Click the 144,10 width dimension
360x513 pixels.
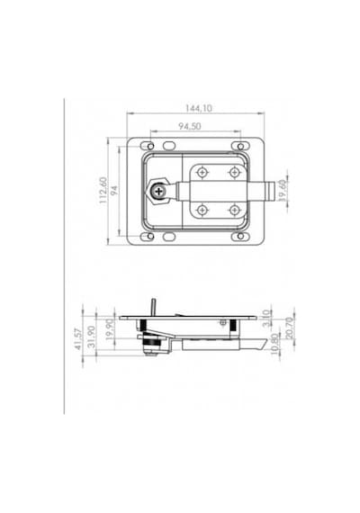pyautogui.click(x=198, y=108)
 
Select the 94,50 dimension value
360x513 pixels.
pyautogui.click(x=190, y=126)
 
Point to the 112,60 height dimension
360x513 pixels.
pyautogui.click(x=103, y=191)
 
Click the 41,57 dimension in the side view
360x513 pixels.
pyautogui.click(x=78, y=339)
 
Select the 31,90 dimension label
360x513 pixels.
pyautogui.click(x=92, y=337)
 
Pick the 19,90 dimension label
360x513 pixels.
pyautogui.click(x=111, y=329)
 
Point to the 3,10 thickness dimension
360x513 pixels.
pyautogui.click(x=266, y=319)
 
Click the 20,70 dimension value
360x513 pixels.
pyautogui.click(x=290, y=328)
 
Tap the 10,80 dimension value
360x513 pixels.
pyautogui.click(x=275, y=344)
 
